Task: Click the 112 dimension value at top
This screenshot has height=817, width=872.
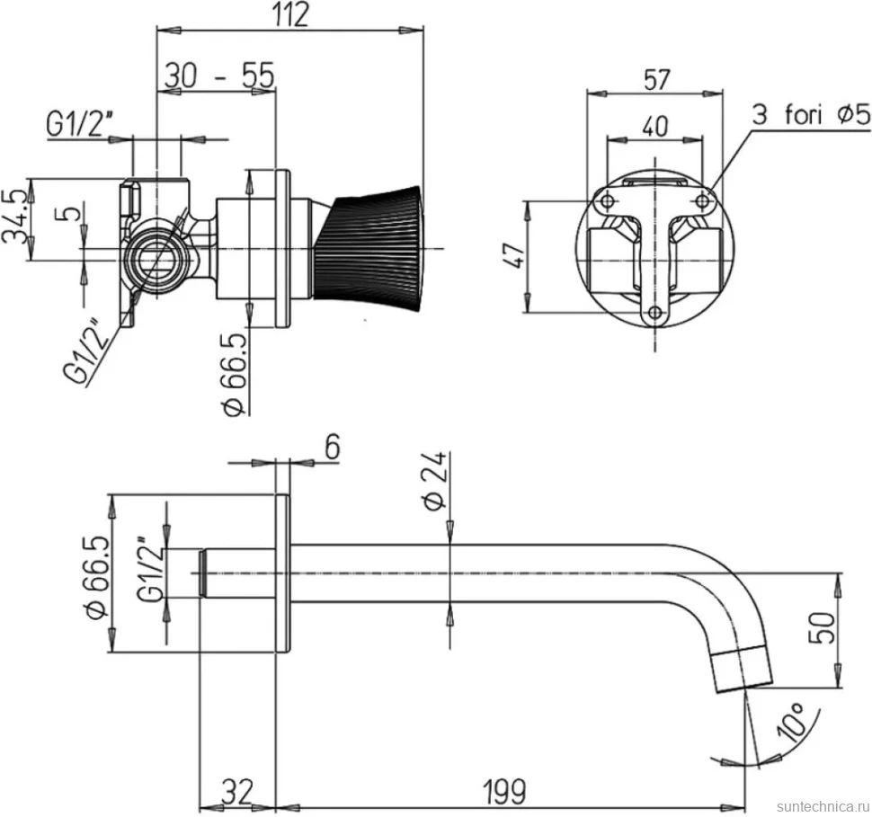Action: (290, 14)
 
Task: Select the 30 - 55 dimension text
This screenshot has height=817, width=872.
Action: (219, 76)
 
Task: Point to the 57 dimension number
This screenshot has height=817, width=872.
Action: (656, 79)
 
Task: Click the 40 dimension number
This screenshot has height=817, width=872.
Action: (655, 126)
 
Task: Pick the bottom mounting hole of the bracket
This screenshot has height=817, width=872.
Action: (655, 313)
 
